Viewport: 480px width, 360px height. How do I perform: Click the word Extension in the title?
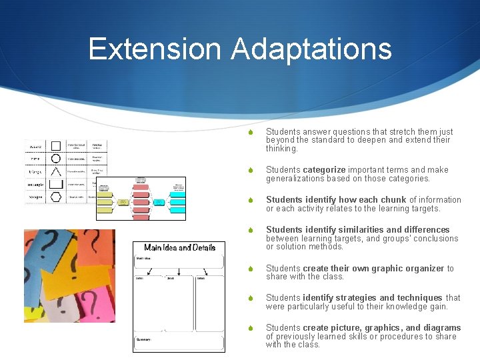(x=155, y=49)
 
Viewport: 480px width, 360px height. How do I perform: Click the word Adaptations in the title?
(x=311, y=49)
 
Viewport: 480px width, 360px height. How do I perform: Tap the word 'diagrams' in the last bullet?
(x=442, y=328)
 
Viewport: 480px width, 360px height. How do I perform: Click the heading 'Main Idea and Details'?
(x=179, y=247)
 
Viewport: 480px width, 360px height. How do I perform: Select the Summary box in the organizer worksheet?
(x=179, y=343)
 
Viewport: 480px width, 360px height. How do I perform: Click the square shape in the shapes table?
(x=57, y=146)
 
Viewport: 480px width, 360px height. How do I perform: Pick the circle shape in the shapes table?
(x=57, y=159)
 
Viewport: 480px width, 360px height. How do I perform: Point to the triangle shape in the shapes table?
(x=57, y=172)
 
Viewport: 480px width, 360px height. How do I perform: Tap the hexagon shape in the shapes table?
(x=57, y=197)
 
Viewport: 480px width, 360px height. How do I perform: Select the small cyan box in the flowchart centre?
(x=159, y=201)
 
